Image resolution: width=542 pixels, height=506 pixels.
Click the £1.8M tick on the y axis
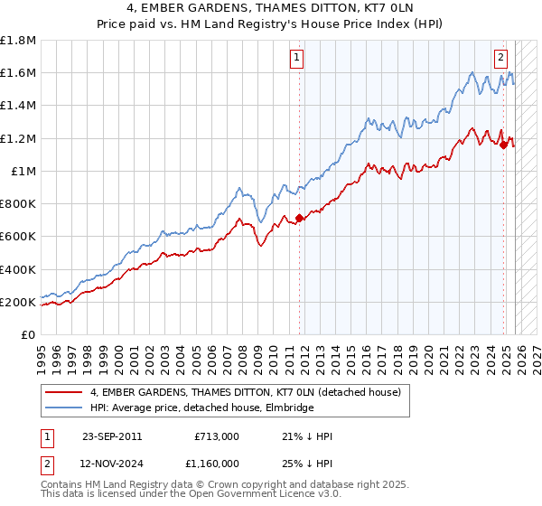click(18, 41)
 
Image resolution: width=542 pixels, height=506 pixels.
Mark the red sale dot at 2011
click(299, 218)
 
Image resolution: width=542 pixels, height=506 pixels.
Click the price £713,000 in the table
click(216, 436)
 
